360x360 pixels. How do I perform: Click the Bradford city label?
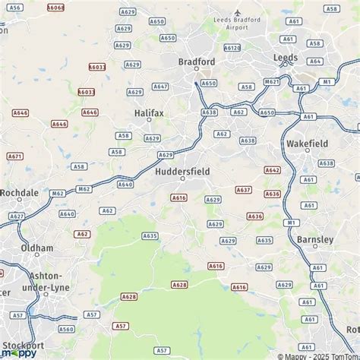[x=197, y=62]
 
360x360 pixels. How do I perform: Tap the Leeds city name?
[x=286, y=57]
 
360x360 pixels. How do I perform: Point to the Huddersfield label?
[x=182, y=172]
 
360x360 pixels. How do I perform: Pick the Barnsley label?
[x=316, y=239]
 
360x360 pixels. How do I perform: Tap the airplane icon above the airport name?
[x=238, y=13]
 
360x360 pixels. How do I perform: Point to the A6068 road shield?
[x=56, y=8]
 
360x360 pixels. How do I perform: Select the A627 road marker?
[x=17, y=216]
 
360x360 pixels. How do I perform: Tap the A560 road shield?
[x=67, y=330]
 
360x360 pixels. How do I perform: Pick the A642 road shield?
[x=272, y=170]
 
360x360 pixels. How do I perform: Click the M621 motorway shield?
[x=271, y=81]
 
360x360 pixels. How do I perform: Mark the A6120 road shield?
[x=232, y=48]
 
